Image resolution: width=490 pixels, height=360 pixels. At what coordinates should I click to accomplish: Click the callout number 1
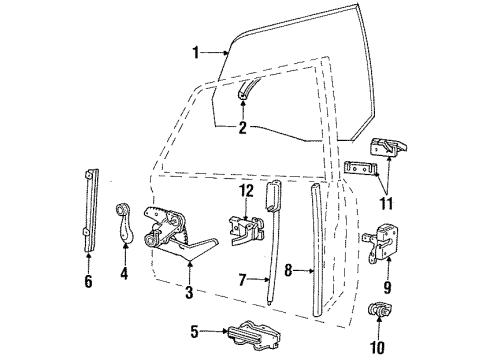[196, 53]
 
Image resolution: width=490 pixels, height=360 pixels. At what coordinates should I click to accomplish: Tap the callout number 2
[242, 128]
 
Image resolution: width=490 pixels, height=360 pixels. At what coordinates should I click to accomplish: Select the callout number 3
[189, 292]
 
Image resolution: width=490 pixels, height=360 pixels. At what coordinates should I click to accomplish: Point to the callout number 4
[124, 273]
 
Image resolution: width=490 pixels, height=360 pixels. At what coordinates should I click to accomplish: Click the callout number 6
[88, 282]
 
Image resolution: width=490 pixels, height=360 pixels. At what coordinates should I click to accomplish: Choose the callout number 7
[243, 279]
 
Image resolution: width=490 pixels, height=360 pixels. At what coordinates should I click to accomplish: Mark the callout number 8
[288, 270]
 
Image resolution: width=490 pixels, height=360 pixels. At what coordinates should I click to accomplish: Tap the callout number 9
[387, 287]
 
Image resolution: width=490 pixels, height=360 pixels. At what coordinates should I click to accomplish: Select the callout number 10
[378, 348]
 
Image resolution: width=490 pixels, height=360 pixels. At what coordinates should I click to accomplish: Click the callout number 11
[387, 203]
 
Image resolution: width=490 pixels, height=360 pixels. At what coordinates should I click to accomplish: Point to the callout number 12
[246, 191]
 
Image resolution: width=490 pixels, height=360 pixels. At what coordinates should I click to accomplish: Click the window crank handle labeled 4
[124, 222]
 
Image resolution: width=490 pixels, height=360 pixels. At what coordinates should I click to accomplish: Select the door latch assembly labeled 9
[381, 244]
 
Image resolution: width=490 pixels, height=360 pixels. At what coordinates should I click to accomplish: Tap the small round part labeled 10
[378, 310]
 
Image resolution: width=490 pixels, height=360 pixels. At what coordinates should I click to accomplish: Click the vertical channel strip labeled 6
[91, 210]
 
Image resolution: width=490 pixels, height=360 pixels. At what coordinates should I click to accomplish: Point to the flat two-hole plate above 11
[361, 168]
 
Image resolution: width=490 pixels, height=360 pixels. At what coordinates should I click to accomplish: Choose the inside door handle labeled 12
[247, 231]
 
